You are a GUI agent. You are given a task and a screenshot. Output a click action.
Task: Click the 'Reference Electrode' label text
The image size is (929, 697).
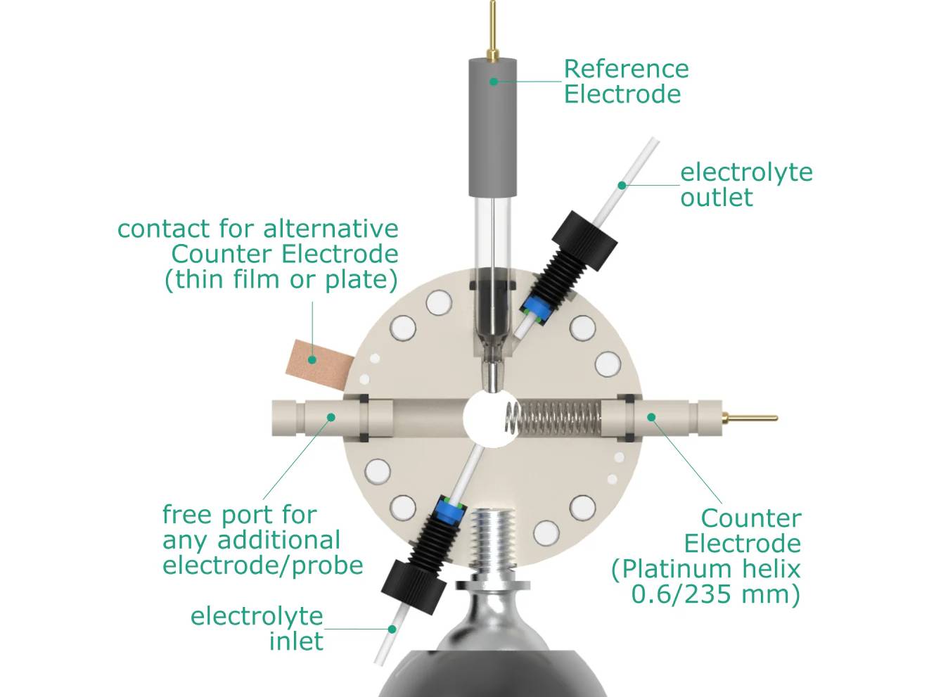[625, 81]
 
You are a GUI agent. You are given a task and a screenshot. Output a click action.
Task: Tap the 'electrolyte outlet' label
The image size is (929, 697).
[745, 184]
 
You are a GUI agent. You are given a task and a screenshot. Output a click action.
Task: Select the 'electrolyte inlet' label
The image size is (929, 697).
[257, 628]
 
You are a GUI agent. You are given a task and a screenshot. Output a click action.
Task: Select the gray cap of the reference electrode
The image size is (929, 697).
[492, 127]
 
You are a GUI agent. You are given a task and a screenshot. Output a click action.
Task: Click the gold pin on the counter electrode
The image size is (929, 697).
[750, 418]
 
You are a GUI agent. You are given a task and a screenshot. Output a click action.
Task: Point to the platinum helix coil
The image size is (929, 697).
[556, 418]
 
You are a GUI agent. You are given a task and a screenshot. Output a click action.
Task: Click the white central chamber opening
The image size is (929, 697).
[487, 418]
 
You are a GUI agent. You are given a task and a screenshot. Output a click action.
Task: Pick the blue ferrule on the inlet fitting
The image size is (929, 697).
[447, 511]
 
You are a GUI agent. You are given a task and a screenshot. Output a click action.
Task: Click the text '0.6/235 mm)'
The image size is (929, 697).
[715, 594]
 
